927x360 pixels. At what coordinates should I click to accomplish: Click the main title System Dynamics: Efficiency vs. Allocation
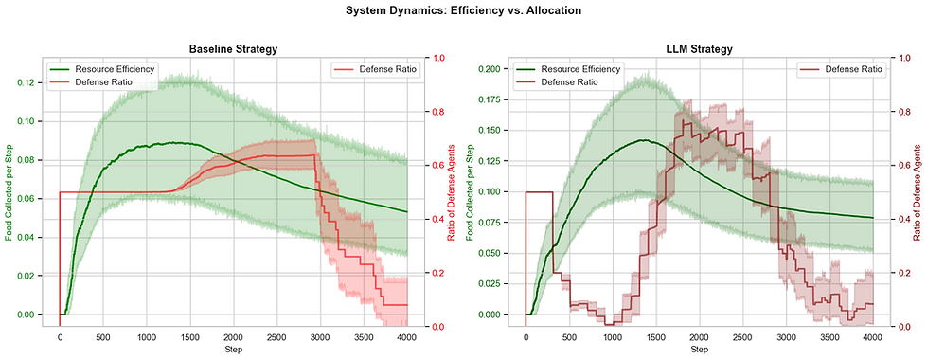point(463,11)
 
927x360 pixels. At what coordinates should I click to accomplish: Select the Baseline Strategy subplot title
point(233,49)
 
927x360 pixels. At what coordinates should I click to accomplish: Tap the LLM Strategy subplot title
point(697,49)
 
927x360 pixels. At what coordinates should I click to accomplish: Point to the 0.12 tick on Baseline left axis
point(27,83)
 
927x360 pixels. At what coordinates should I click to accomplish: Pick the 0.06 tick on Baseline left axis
point(27,199)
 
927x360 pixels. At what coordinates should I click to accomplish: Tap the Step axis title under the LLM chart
point(697,351)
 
